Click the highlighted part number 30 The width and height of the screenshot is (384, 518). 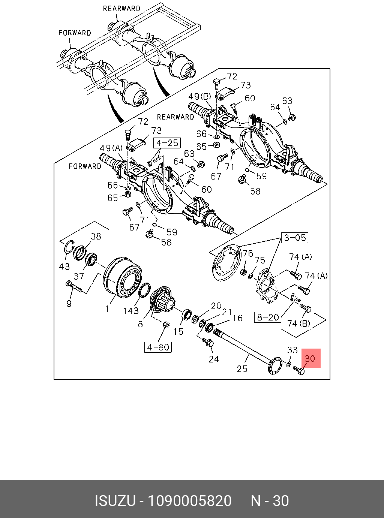(x=310, y=358)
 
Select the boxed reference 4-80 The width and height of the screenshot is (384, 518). (x=158, y=347)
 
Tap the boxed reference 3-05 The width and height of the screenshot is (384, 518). (x=295, y=238)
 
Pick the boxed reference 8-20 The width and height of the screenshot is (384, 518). (x=268, y=317)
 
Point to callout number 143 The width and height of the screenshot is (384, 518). (x=131, y=311)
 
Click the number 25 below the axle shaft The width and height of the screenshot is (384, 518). (x=242, y=369)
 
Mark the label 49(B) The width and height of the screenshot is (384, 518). (x=200, y=96)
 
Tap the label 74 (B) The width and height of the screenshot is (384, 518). (x=298, y=323)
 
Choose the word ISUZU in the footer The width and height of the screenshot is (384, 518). (x=114, y=501)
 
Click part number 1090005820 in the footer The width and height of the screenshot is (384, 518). (x=189, y=501)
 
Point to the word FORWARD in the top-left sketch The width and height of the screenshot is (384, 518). (x=75, y=33)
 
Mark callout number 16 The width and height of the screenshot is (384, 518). (x=238, y=318)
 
